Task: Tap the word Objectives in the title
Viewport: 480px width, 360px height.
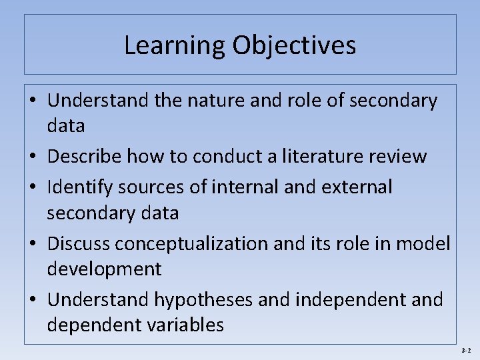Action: (x=294, y=45)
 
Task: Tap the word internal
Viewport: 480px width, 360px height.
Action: (x=249, y=187)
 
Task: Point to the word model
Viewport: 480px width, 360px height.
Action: (x=423, y=244)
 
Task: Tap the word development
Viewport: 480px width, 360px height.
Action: (x=104, y=269)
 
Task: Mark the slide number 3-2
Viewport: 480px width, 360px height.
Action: (x=465, y=351)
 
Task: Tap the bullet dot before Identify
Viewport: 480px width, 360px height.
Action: (x=33, y=188)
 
